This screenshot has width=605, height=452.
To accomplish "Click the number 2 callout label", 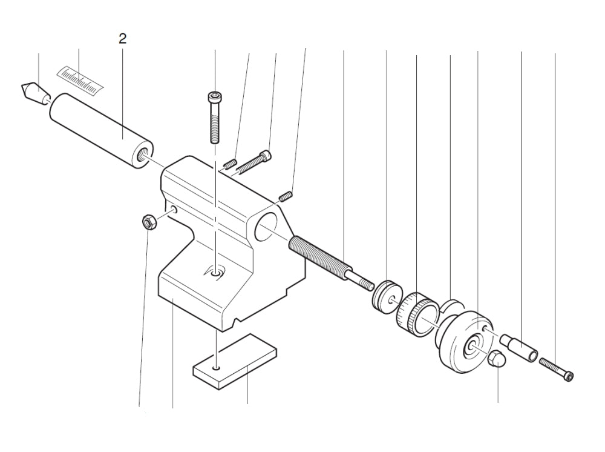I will (123, 39).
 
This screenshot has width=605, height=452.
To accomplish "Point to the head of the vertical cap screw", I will (214, 96).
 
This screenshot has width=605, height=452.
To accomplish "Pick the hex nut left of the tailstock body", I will (147, 222).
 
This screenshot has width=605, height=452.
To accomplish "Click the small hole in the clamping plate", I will (216, 367).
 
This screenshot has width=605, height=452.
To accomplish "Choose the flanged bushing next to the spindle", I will (386, 295).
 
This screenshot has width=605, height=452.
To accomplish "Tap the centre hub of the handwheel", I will (470, 347).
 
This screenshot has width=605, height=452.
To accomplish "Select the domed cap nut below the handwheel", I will (496, 359).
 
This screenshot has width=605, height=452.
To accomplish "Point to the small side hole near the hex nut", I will (174, 210).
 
